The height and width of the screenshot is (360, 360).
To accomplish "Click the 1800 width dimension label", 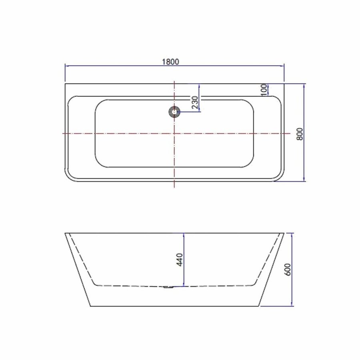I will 170,62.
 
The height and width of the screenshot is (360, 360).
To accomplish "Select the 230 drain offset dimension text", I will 195,103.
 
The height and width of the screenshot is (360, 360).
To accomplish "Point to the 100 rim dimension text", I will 264,90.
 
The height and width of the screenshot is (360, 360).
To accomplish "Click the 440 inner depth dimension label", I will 180,260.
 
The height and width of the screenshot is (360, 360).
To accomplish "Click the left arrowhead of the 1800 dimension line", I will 67,66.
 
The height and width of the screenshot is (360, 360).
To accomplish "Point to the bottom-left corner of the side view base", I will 90,306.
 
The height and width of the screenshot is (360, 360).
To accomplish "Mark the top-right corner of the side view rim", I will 284,233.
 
